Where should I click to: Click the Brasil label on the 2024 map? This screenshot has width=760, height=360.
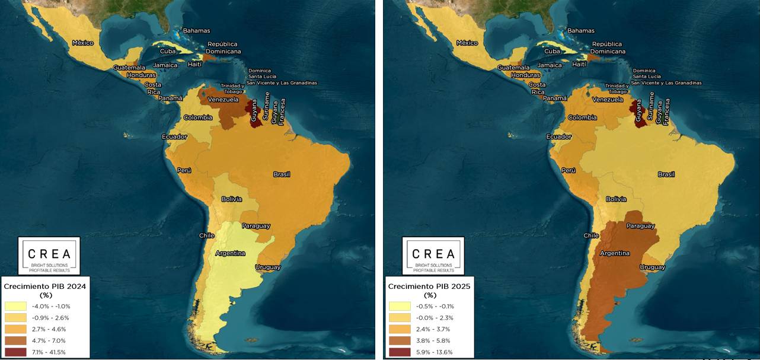pos(282,174)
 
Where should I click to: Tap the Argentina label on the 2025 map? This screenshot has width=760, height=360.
pos(615,253)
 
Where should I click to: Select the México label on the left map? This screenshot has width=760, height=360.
pos(83,43)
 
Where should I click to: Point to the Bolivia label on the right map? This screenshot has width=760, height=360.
pos(616,199)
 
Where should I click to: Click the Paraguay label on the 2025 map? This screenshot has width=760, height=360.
pos(640,226)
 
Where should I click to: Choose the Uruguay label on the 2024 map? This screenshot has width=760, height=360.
pos(267,267)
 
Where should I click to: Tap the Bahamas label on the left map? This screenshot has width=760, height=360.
pos(196,31)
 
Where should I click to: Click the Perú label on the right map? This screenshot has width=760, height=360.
pos(569,170)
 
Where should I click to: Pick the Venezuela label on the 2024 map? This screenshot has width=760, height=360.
pos(223,100)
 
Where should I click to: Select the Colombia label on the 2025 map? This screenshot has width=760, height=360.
pos(582,117)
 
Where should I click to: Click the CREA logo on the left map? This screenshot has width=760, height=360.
pos(49,256)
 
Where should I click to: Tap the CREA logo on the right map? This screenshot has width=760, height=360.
pos(433,256)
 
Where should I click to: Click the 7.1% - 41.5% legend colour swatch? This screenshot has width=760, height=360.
pos(15,352)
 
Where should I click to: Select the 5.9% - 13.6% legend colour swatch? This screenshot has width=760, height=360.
pos(400,352)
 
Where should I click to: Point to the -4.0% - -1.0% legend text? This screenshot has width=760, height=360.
pos(54,306)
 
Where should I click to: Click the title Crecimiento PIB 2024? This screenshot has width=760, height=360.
pos(45,286)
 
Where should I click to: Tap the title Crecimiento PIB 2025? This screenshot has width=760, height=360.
pos(429,286)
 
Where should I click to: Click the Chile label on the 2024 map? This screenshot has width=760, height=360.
pos(207,235)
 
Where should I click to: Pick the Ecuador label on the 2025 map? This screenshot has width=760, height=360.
pos(559,137)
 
